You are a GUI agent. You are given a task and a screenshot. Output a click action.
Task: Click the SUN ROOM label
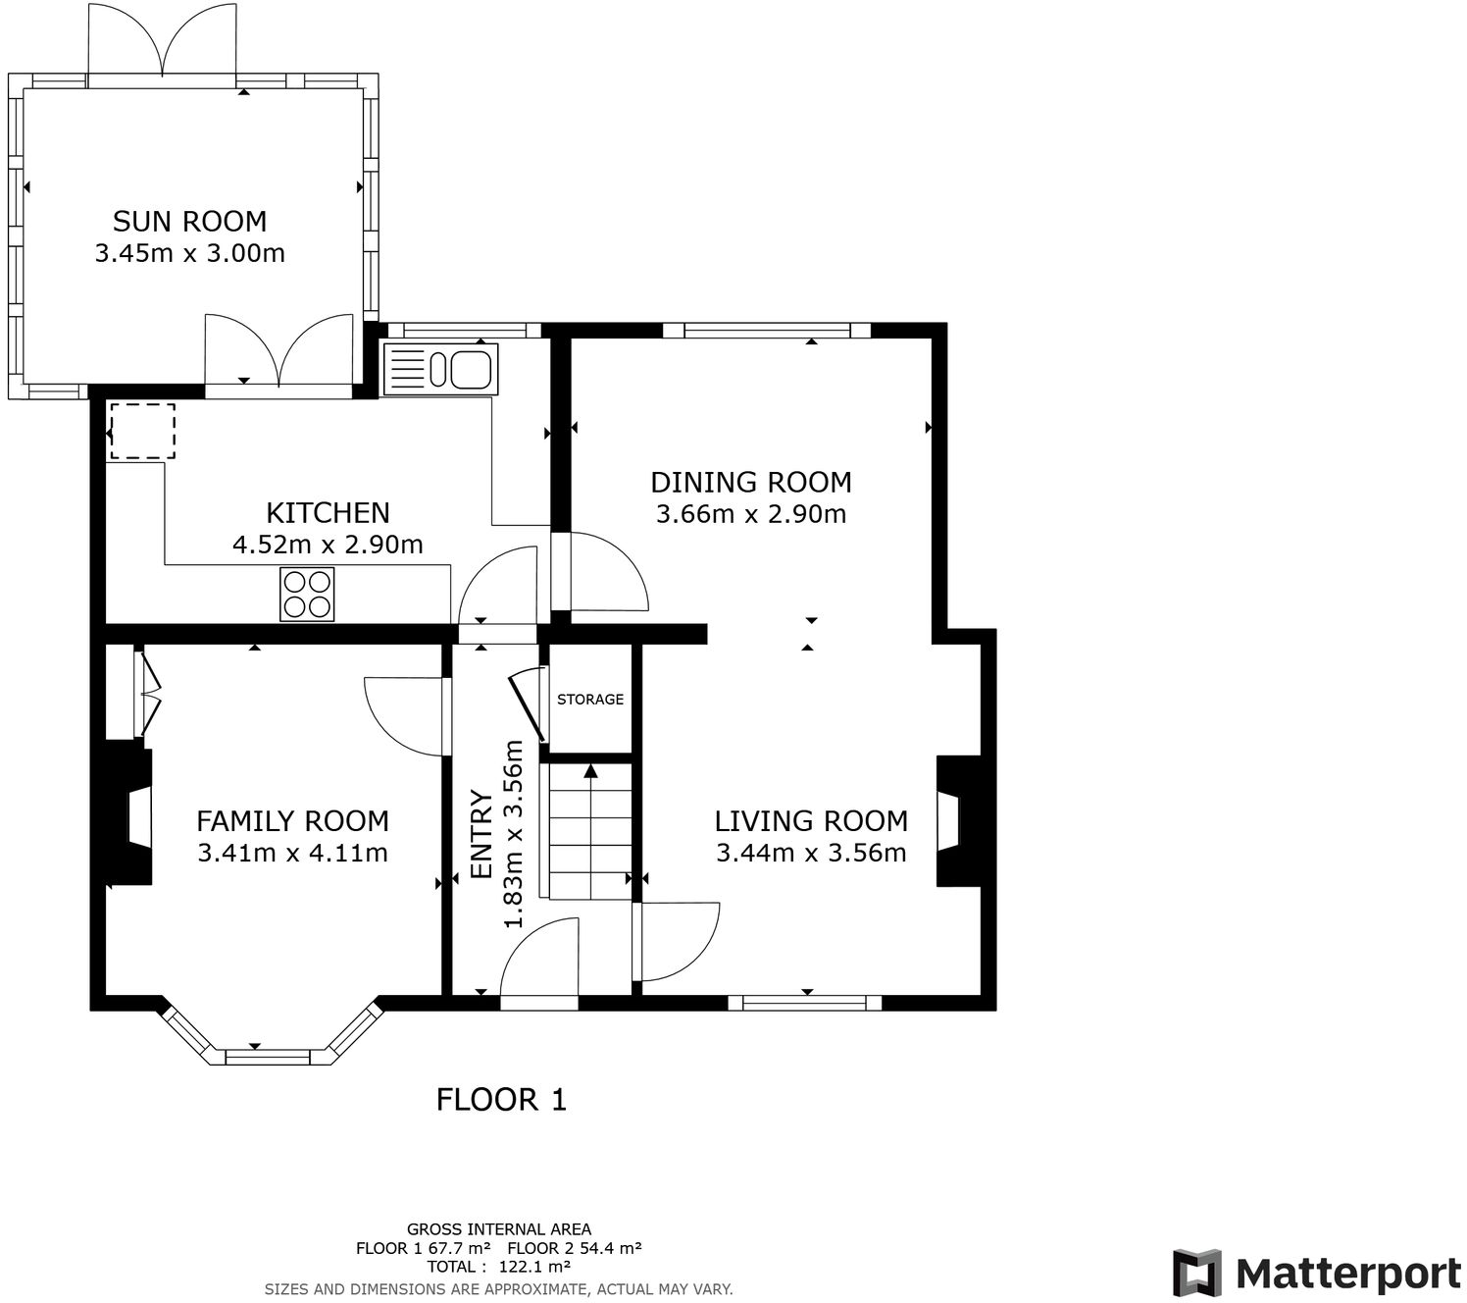pos(189,221)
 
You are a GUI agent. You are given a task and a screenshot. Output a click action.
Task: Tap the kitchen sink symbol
pos(441,369)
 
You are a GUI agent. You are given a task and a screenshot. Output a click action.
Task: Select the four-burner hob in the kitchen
pos(307,595)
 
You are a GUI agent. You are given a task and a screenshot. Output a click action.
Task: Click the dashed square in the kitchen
pos(142,431)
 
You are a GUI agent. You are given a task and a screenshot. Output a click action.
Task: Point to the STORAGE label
pos(590,700)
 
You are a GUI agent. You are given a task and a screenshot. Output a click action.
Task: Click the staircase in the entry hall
pos(590,831)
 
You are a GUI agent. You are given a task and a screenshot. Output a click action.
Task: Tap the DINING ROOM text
pos(751,482)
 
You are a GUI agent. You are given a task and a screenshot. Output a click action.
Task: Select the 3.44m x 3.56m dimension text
pos(811,853)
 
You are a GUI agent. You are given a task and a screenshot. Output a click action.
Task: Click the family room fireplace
pos(128,816)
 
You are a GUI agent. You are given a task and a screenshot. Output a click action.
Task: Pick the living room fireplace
pos(959,821)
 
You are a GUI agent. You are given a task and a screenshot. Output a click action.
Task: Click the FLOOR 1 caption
pos(501,1100)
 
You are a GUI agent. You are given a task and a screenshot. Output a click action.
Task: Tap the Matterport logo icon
pos(1197,1274)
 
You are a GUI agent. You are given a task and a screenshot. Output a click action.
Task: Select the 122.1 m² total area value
pos(534,1267)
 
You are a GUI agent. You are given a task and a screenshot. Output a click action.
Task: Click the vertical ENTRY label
pos(481,835)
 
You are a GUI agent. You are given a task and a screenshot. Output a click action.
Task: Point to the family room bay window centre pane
pos(268,1058)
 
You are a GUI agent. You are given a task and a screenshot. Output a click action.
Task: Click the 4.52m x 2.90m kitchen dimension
pos(328,545)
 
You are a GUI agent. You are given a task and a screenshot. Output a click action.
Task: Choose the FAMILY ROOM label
pos(292,821)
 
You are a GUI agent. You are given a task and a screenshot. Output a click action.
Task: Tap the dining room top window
pos(767,331)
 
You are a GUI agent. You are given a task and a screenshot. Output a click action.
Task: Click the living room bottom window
pos(804,1003)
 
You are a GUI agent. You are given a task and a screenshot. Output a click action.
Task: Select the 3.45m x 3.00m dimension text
pos(189,254)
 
